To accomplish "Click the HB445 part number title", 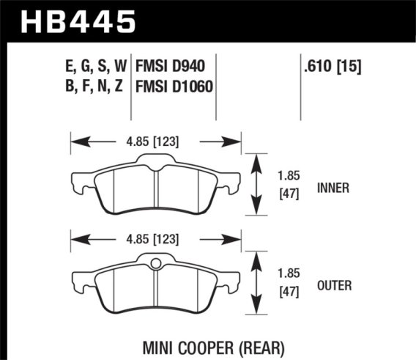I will pos(79,21).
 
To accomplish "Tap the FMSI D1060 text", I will pos(174,87).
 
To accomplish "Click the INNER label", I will pos(334,188).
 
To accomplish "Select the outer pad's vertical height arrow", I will pos(256,282).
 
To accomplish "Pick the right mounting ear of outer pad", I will pos(231,276).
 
